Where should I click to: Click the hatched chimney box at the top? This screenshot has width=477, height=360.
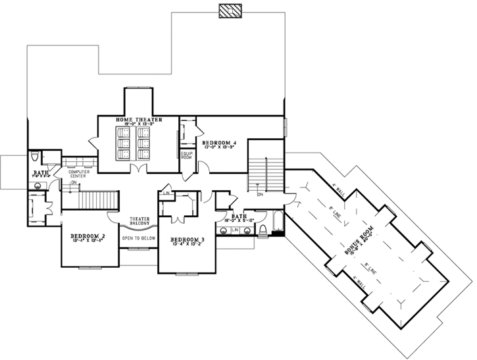point(230,11)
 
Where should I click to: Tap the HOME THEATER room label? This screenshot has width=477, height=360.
point(139,120)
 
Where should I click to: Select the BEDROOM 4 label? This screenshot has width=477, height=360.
point(218,143)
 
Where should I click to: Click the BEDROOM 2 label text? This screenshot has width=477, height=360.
point(88,236)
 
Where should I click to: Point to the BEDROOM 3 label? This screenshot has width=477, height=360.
point(187,239)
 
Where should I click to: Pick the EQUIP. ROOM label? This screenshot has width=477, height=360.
point(187,155)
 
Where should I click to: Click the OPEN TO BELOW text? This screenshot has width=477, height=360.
point(138,238)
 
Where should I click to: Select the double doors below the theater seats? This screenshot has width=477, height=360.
point(138,169)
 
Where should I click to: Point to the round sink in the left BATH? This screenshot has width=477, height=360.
point(36,186)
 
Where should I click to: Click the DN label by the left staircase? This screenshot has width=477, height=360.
point(74,183)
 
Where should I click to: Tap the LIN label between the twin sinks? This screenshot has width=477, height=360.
point(234,230)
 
